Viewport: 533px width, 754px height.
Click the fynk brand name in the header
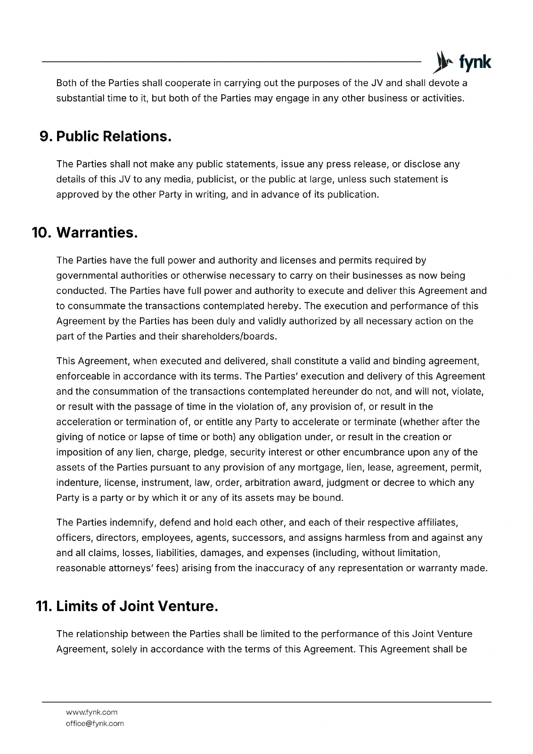[475, 62]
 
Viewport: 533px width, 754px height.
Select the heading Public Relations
[114, 137]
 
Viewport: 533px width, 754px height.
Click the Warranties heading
[97, 233]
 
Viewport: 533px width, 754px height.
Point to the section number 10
[41, 233]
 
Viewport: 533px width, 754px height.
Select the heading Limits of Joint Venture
[137, 606]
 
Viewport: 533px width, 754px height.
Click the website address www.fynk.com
[92, 712]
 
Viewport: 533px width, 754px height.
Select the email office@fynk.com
[95, 723]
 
